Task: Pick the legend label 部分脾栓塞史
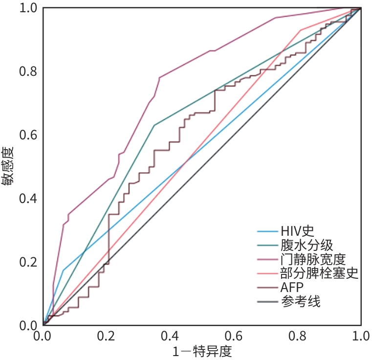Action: [319, 273]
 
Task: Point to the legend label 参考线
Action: [301, 301]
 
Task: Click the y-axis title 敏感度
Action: [8, 167]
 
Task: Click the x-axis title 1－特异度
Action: [201, 351]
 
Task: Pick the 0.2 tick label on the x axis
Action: [107, 337]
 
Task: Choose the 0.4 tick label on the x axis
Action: [170, 337]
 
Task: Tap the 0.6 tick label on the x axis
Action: [234, 337]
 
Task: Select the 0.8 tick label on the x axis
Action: [297, 337]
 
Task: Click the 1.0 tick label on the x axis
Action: [360, 337]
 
